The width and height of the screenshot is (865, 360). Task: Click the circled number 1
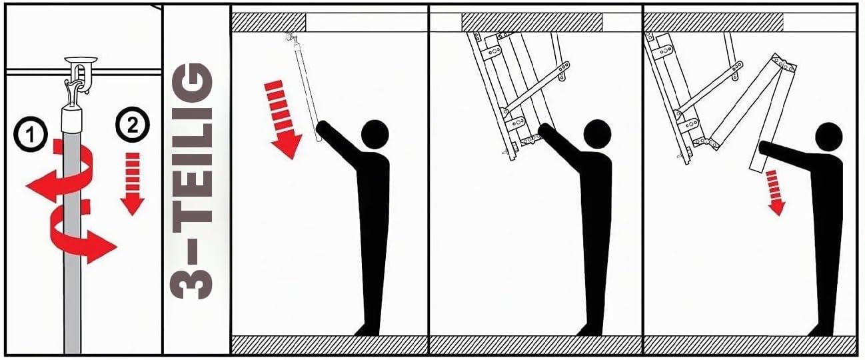pyautogui.click(x=31, y=134)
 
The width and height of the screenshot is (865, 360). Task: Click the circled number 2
pyautogui.click(x=133, y=125)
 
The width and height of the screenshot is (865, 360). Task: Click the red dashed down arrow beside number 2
pyautogui.click(x=133, y=183)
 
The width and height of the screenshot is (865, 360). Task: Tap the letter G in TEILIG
pyautogui.click(x=191, y=83)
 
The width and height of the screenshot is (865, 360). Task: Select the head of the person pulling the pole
pyautogui.click(x=375, y=134)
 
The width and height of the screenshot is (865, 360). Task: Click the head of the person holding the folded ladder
pyautogui.click(x=597, y=134)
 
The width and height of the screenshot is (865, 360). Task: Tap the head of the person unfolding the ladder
pyautogui.click(x=829, y=137)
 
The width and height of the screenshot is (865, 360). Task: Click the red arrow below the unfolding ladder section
pyautogui.click(x=775, y=193)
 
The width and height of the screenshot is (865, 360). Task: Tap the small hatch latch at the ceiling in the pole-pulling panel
pyautogui.click(x=291, y=38)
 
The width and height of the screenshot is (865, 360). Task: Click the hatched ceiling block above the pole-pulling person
pyautogui.click(x=269, y=23)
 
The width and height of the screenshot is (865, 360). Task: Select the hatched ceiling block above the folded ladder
pyautogui.click(x=532, y=23)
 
